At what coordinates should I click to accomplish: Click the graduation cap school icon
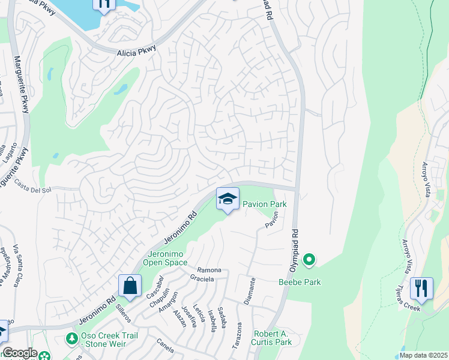228,199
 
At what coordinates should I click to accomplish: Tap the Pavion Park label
264,205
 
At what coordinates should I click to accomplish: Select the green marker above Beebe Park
309,260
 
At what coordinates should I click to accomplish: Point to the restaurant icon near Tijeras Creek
421,289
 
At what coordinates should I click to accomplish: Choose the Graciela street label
202,278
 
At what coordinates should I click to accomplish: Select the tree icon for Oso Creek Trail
72,339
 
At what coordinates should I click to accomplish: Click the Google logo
19,353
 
